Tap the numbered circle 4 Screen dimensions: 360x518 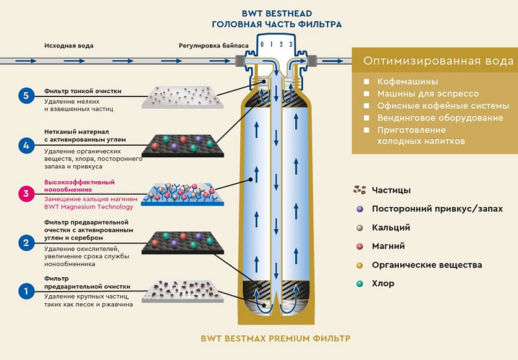[26, 146]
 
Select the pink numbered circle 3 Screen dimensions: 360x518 [26, 194]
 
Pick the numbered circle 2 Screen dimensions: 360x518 [26, 243]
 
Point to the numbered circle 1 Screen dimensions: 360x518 [26, 291]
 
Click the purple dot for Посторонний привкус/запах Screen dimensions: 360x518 [359, 209]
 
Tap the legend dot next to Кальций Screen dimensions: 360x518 [359, 228]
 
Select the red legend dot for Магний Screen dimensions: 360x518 [359, 247]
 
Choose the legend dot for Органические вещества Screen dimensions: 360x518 [359, 265]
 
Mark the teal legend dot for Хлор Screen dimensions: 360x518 [359, 284]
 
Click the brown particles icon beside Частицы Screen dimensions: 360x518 [359, 190]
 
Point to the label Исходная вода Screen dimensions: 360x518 [69, 46]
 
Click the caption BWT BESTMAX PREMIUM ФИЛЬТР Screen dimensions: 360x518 [275, 339]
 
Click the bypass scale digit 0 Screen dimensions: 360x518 [262, 44]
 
